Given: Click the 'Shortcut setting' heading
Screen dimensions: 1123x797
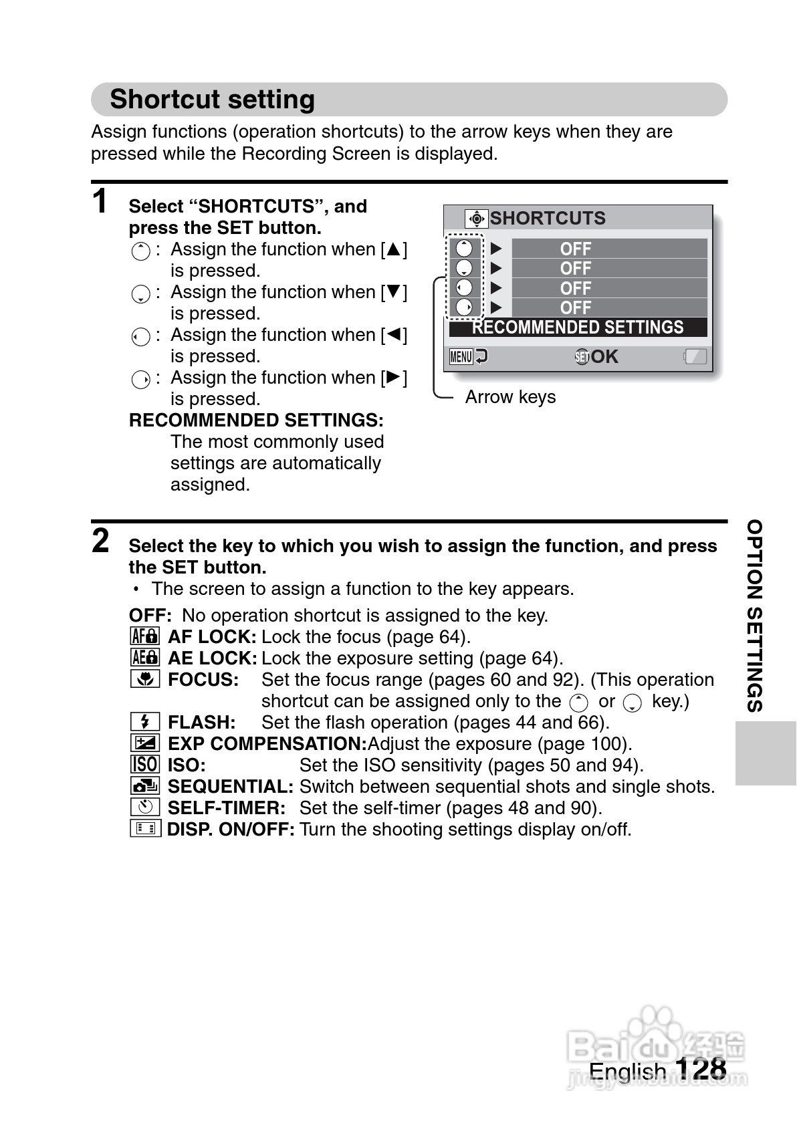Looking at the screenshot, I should tap(212, 99).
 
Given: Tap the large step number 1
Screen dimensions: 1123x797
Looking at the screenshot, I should tap(100, 201).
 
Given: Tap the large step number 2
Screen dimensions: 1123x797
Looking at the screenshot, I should tap(100, 541).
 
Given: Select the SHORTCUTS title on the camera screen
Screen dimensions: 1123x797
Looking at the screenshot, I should tap(547, 219).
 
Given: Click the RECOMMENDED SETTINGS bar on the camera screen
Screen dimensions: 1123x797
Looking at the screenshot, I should tap(578, 328).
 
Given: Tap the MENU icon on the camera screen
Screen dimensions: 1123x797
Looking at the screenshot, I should tap(461, 356).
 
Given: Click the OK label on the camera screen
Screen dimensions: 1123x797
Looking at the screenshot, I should tap(604, 357).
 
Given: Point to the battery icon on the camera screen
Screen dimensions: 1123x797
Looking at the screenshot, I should tap(695, 356).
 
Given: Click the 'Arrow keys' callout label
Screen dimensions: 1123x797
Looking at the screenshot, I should tap(510, 397).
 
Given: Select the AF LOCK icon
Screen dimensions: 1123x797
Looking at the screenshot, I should tap(144, 636).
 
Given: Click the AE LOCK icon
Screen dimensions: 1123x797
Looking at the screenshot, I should tap(144, 658).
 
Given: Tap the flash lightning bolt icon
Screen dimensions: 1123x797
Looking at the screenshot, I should tap(144, 722).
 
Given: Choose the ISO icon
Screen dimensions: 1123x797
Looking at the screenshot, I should tap(144, 765).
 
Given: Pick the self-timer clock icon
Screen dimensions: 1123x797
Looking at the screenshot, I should tap(144, 807).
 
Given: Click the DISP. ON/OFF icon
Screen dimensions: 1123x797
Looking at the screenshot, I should tap(144, 829).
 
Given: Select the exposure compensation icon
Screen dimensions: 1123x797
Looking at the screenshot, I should tap(144, 743).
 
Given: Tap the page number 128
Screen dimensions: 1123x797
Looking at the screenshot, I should tap(701, 1068).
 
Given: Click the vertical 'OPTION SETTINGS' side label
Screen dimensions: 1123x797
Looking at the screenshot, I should tap(755, 616).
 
